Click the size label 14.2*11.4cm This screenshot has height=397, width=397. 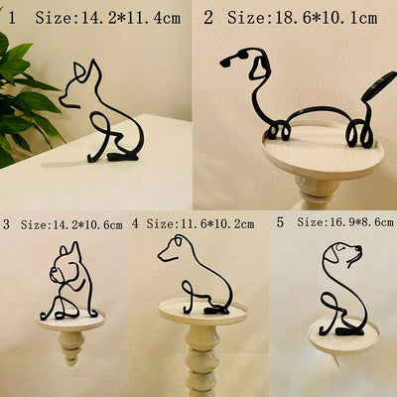pos(109,17)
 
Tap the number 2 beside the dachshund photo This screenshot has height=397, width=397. pos(207,17)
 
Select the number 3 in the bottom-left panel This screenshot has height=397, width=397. pos(7,225)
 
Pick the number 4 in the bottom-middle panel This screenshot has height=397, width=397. pos(136,225)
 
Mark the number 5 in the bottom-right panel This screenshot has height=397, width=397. pos(281,223)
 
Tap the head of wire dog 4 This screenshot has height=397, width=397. pos(175,249)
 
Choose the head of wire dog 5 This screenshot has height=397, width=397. pos(342,256)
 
